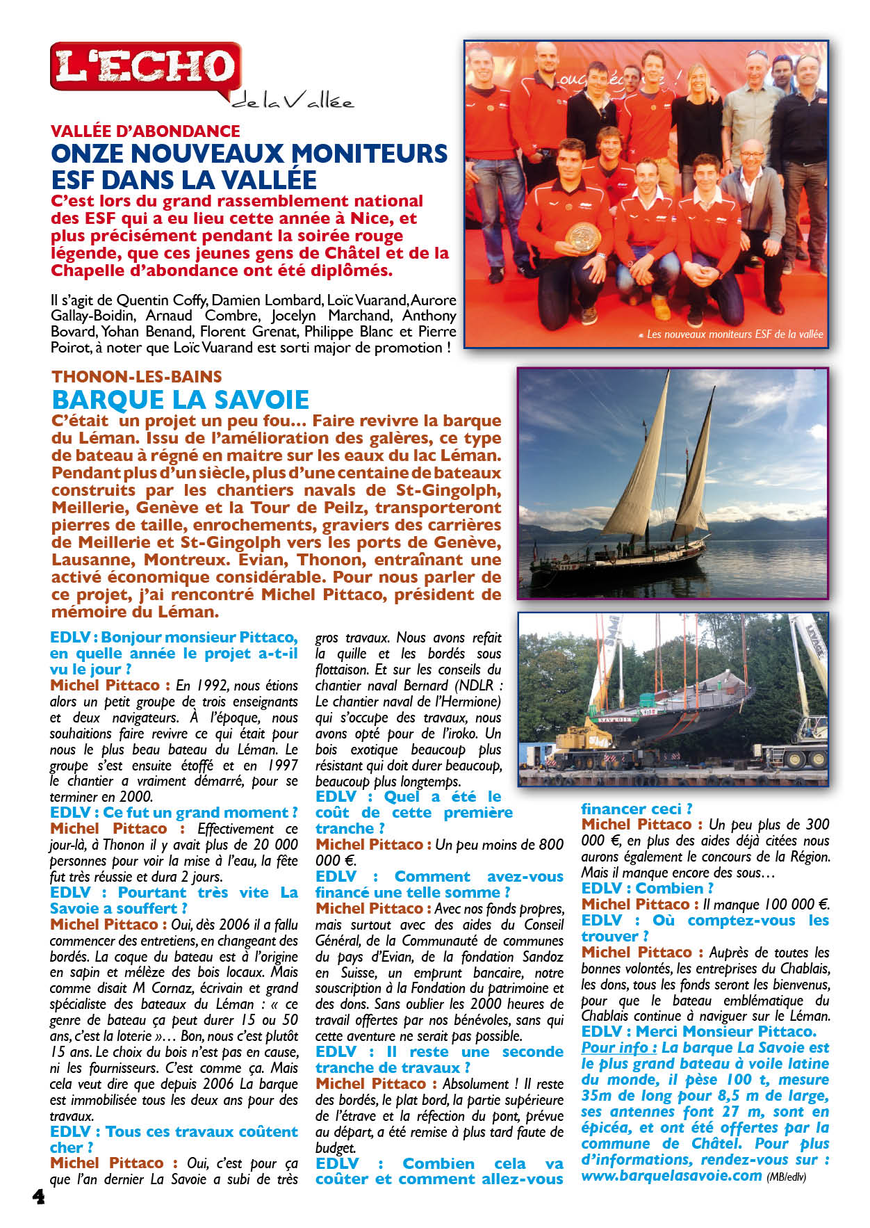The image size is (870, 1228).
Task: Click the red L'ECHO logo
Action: coord(146,67)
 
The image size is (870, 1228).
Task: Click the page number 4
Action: coord(38,1197)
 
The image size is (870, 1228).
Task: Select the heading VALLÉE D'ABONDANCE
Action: coord(145,131)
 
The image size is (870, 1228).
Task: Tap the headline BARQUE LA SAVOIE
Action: coord(181,400)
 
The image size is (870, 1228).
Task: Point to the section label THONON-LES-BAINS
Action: coord(137,377)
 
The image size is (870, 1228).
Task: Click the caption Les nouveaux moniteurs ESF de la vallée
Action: coord(734,334)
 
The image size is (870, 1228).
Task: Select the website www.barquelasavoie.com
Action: coord(671,1176)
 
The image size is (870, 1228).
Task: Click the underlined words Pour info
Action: coord(619,1047)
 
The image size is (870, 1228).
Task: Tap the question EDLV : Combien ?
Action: coord(647,888)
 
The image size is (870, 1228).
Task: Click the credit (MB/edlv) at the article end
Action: coord(786,1177)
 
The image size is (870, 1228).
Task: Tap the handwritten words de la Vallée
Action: coord(292,102)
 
